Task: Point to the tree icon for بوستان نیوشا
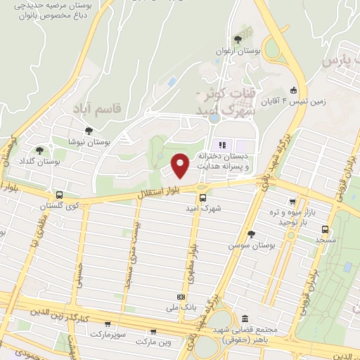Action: tap(88, 130)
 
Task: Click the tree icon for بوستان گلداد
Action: tap(39, 150)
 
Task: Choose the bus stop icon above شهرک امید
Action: tap(202, 198)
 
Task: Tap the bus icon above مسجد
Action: tap(325, 229)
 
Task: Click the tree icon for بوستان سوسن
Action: tap(251, 234)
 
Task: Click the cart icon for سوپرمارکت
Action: tap(107, 324)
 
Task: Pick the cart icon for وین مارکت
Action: tap(152, 332)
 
